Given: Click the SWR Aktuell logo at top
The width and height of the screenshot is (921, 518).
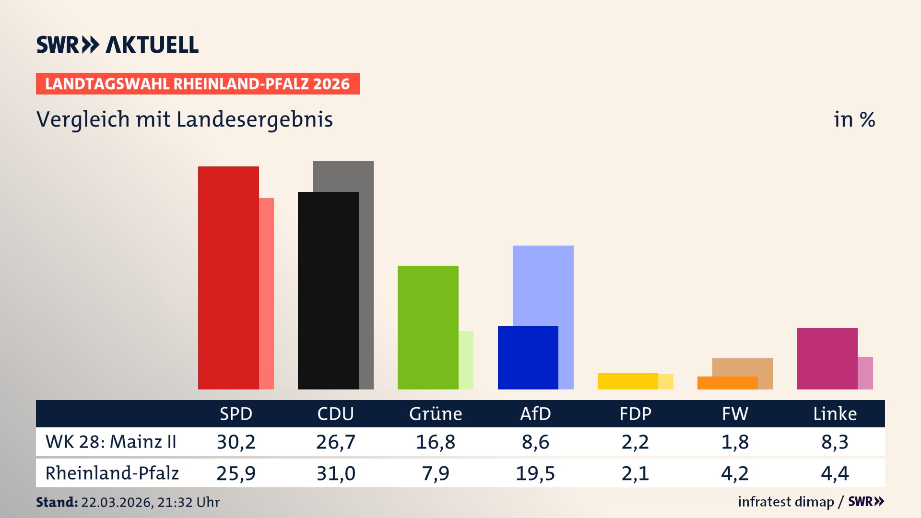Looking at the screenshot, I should click(117, 45).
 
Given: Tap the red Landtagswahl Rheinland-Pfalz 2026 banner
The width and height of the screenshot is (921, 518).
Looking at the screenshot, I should click(197, 84).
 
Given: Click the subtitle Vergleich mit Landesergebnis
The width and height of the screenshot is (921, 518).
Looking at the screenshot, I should click(184, 119).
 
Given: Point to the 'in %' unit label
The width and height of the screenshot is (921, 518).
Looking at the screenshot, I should click(854, 119).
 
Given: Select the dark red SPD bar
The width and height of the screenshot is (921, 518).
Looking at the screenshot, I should click(228, 278).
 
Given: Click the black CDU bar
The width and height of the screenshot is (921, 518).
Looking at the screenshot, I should click(328, 291).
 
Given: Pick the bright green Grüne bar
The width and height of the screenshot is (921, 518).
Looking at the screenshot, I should click(428, 328).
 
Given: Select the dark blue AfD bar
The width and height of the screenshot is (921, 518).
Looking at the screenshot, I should click(528, 358).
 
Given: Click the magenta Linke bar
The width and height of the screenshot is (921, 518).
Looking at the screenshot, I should click(827, 359).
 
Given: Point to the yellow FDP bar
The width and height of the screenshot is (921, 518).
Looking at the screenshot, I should click(627, 381).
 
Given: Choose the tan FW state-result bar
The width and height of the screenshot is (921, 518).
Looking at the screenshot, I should click(743, 367).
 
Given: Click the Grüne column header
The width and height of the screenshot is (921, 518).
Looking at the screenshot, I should click(436, 414).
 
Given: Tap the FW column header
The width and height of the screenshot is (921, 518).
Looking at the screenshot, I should click(735, 414).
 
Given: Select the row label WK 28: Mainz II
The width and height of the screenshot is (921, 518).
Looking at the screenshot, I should click(111, 442).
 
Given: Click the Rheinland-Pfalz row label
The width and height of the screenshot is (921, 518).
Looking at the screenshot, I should click(112, 473).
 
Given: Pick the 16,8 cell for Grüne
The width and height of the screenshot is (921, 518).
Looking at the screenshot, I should click(436, 442).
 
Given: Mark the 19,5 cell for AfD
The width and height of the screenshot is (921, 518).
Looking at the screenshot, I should click(535, 473).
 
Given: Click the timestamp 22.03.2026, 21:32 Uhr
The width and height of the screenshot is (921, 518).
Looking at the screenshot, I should click(150, 502).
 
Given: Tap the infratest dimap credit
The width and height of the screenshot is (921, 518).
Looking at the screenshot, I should click(786, 502).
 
